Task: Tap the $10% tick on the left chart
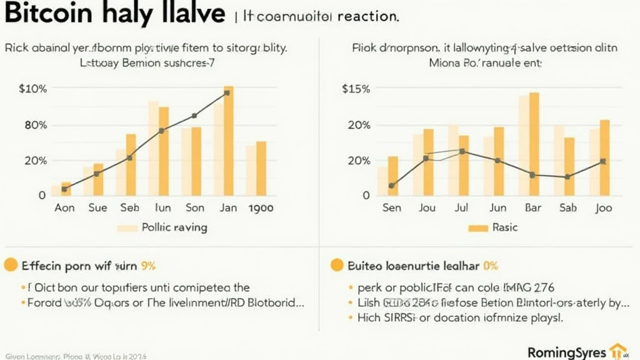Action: [33, 89]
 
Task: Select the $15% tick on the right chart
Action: [356, 89]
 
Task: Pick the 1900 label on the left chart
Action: [261, 208]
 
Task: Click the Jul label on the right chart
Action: [462, 208]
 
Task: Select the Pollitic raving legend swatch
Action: [127, 228]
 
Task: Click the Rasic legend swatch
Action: [477, 228]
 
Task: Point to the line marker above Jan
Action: [226, 92]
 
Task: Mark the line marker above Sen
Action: [392, 186]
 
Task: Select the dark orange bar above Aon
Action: [66, 188]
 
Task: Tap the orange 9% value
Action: [148, 266]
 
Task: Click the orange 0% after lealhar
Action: [491, 266]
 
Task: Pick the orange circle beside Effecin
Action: [10, 265]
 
